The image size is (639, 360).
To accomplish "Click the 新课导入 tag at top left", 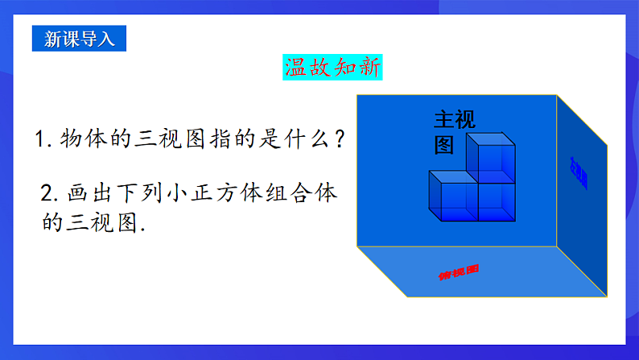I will pos(79,39).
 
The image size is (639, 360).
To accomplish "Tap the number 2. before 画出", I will pos(51,194).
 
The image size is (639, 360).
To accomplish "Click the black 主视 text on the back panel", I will pos(455,120).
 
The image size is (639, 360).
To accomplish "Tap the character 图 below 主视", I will pos(444,144).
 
